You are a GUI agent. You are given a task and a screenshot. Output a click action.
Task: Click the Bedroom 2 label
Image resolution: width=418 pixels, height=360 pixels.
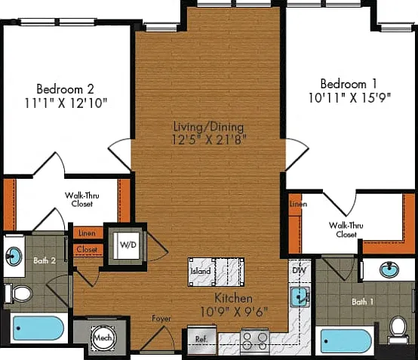coord(66,89)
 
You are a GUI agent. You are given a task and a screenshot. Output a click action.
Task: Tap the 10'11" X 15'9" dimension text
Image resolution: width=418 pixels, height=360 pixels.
coord(349,97)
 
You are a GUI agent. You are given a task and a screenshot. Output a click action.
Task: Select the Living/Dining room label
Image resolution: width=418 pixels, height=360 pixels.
coord(208,127)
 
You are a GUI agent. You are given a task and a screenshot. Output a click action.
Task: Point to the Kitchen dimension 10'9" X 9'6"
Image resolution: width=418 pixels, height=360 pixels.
coord(234,312)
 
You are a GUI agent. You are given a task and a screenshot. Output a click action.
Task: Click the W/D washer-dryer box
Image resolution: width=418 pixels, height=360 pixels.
coord(126,245)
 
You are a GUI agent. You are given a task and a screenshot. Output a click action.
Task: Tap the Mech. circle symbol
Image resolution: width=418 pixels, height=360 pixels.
coord(103,338)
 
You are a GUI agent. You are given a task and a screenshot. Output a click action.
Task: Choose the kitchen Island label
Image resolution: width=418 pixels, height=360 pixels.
coord(201,272)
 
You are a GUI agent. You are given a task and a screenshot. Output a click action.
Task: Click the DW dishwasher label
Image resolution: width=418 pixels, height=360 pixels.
coord(299,270)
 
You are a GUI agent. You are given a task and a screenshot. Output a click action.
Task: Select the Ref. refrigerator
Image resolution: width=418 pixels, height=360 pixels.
coord(201,340)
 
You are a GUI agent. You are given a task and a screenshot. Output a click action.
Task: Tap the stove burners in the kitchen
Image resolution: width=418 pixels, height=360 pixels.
coord(255,341)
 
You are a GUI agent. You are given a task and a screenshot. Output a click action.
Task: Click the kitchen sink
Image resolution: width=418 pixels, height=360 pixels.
coord(300,297)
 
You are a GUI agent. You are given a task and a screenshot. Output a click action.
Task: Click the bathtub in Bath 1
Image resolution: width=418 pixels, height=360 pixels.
coord(346,341)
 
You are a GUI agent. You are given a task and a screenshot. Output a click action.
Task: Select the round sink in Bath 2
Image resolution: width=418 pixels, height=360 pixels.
coord(14,257)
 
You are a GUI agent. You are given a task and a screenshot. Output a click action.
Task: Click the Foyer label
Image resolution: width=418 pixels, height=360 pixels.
coord(161,318)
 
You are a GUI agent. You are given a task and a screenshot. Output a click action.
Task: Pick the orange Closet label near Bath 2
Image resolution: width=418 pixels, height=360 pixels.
coord(87,250)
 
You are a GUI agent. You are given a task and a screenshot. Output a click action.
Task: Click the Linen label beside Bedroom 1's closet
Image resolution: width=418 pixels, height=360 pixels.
coord(299,204)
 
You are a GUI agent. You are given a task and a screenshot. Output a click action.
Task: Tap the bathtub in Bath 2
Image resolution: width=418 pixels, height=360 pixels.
coord(38,328)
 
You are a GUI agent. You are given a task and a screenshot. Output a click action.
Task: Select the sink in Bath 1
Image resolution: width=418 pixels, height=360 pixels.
coord(389,269)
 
